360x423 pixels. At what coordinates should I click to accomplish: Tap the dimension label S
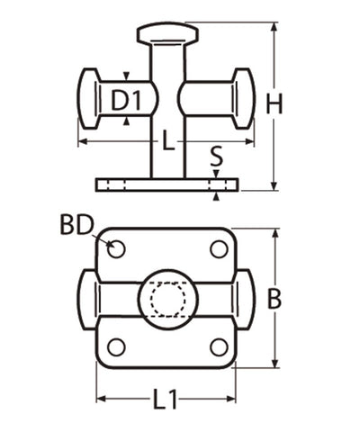tap(216, 157)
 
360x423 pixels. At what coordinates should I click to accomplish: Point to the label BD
tap(77, 224)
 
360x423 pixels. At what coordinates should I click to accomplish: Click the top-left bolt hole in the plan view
tap(115, 248)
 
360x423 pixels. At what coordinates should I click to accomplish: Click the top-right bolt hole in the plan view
tap(219, 248)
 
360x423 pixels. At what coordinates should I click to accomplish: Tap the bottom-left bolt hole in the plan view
tap(115, 346)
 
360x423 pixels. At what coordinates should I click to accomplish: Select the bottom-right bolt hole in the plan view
tap(219, 346)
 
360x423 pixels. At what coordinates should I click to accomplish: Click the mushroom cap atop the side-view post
tap(166, 34)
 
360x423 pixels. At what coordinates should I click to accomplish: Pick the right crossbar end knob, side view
tap(245, 97)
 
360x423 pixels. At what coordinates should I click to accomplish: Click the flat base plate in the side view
tap(166, 184)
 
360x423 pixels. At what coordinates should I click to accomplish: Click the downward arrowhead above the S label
tap(216, 173)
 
